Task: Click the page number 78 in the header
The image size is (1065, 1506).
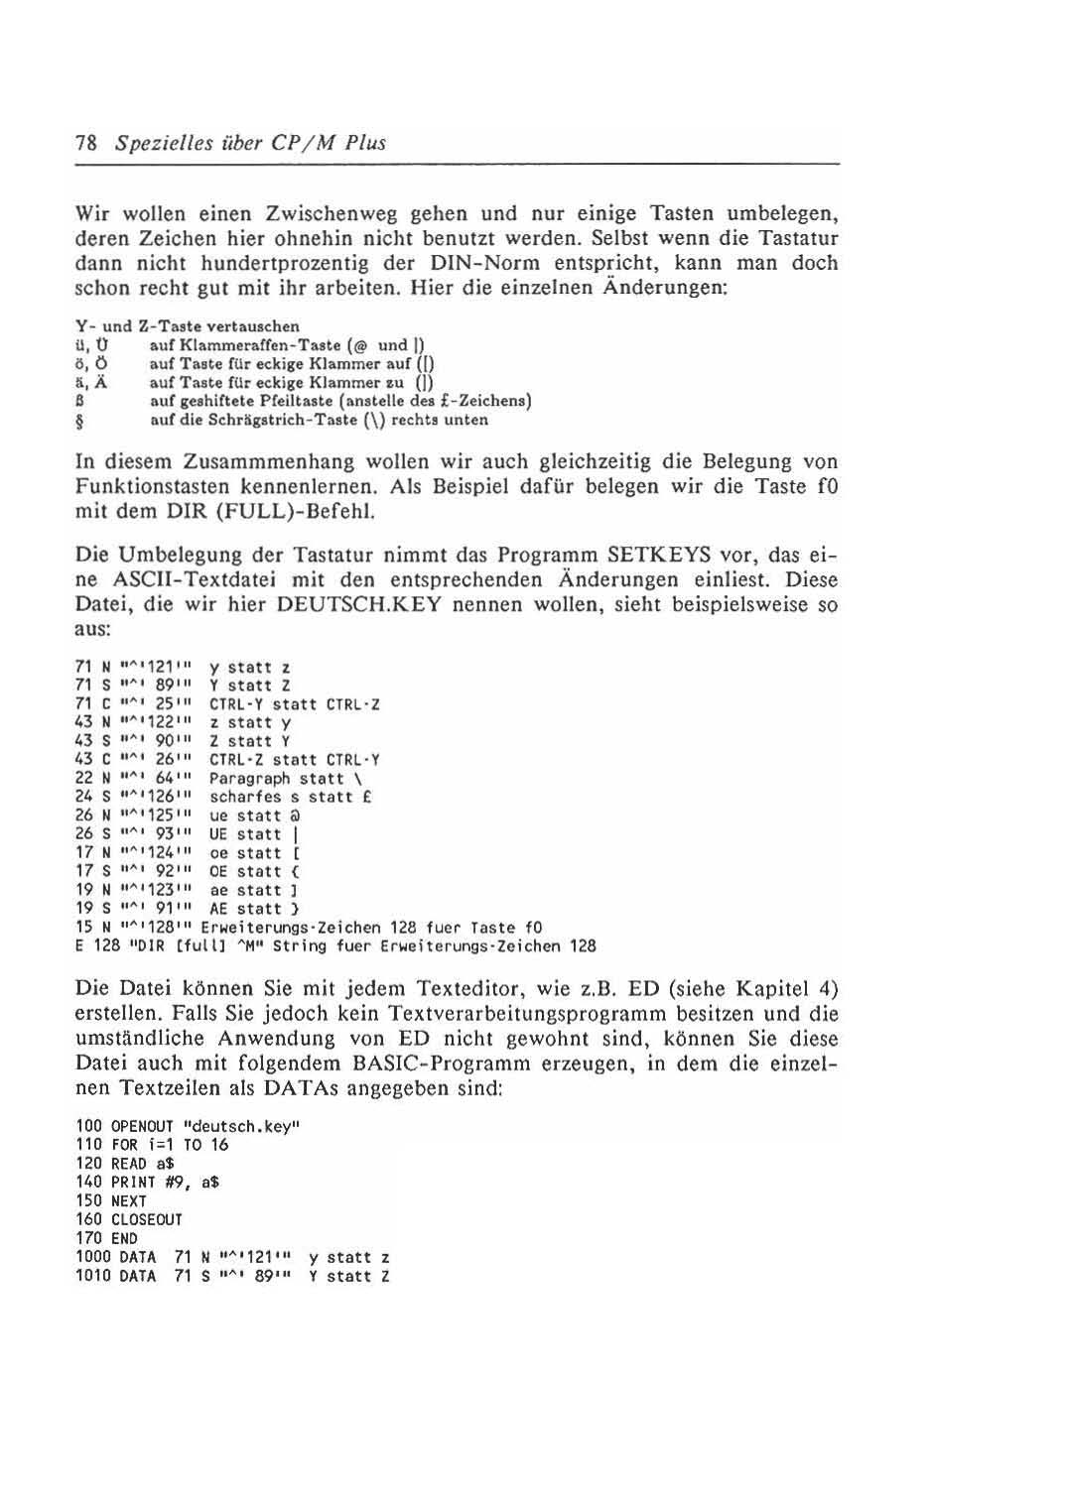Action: (85, 143)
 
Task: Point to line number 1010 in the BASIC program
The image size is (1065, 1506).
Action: (92, 1277)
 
